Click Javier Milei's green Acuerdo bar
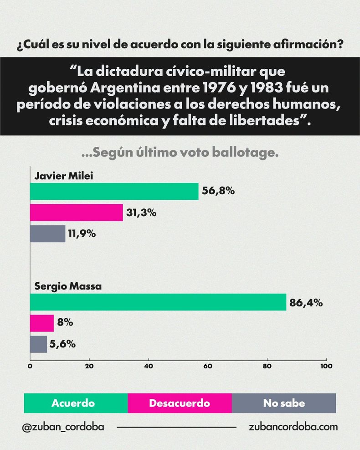[114, 191]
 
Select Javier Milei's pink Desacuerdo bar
[77, 212]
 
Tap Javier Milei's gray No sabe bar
[47, 234]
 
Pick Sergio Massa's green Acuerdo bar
[158, 302]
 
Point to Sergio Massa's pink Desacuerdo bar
[41, 323]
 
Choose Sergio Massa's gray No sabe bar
[38, 344]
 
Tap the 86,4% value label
[306, 302]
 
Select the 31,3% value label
[141, 212]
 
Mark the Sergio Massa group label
[68, 287]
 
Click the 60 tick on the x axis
[208, 366]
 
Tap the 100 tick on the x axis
[326, 366]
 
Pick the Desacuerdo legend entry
[180, 403]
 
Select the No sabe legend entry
[284, 403]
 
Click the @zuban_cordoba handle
[63, 427]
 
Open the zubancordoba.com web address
[293, 427]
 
